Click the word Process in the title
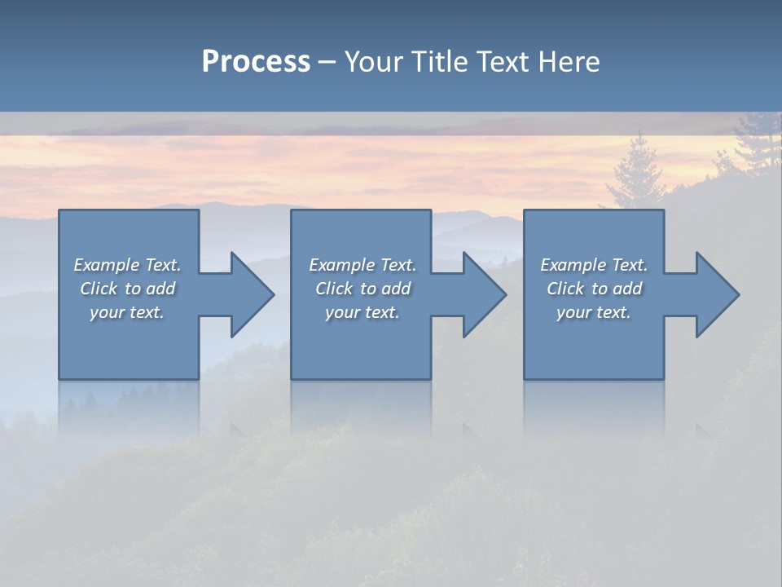[256, 61]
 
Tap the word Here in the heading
[569, 61]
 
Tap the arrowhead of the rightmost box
[716, 294]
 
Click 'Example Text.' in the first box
[127, 265]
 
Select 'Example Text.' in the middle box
[362, 265]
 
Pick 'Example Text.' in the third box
[594, 265]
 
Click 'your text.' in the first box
[127, 312]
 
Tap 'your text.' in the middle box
[362, 312]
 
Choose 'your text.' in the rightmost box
[594, 312]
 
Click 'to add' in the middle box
[385, 289]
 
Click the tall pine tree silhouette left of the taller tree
[635, 175]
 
